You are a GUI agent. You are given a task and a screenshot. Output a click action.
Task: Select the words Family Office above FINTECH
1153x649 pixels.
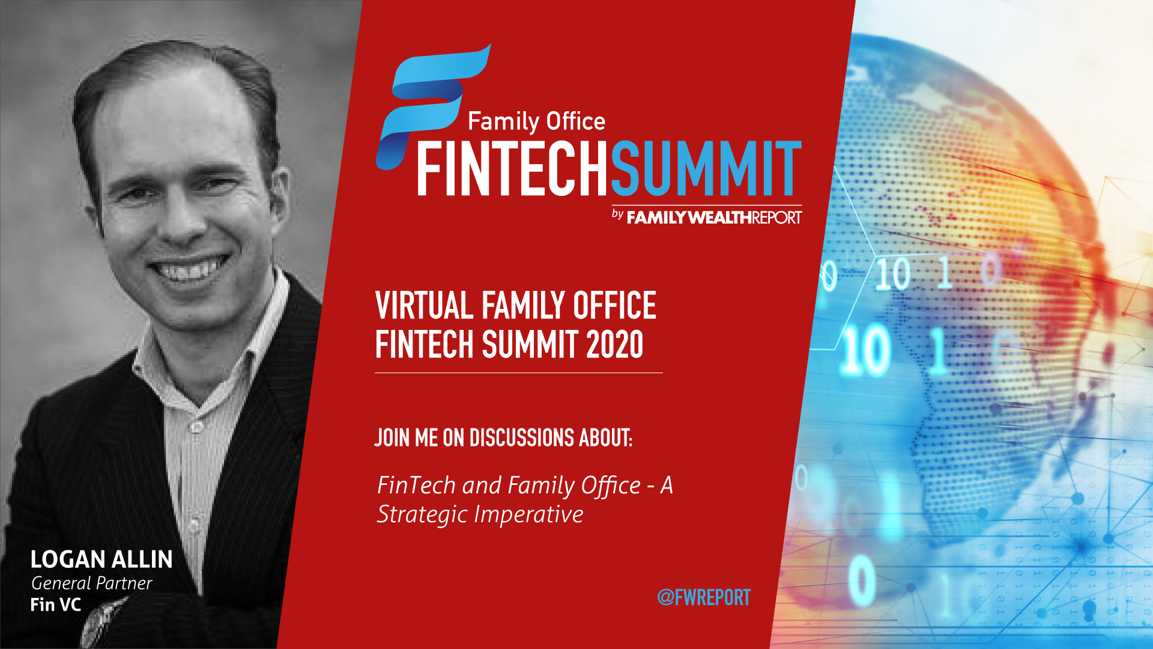pos(536,122)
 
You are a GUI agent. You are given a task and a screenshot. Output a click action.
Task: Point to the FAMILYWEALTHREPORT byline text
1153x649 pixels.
pos(714,217)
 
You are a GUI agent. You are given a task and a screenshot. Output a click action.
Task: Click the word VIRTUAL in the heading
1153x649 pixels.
pos(425,306)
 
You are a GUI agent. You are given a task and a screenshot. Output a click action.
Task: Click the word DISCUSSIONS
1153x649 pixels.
pos(522,438)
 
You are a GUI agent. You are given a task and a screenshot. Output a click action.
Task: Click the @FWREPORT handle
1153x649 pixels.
pos(704,597)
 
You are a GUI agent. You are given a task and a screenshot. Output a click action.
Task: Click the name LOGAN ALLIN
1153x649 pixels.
pos(101,559)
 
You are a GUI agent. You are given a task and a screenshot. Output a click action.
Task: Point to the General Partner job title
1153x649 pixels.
pos(91,583)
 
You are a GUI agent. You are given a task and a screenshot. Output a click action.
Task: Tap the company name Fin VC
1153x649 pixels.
pos(56,605)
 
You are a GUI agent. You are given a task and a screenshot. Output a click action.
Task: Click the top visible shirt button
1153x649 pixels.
pos(196,427)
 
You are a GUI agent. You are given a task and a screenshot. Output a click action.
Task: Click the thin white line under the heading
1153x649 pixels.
pos(519,373)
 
